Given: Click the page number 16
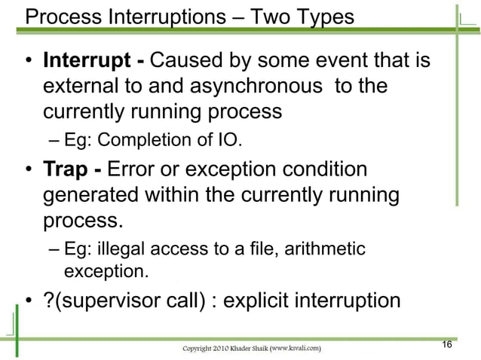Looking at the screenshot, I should (x=446, y=344).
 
